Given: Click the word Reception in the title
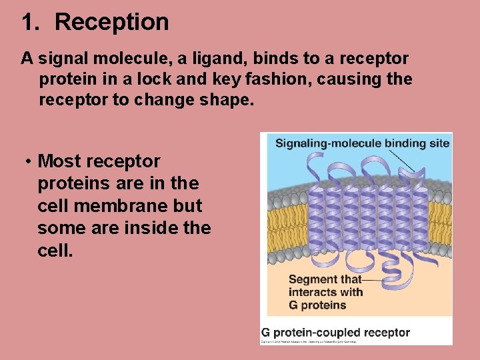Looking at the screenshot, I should pyautogui.click(x=111, y=22).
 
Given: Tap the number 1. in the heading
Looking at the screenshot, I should pyautogui.click(x=31, y=22).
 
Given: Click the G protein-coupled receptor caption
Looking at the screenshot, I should pyautogui.click(x=335, y=332).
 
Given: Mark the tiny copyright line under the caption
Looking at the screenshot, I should pyautogui.click(x=309, y=341).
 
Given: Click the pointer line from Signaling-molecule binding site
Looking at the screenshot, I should pyautogui.click(x=403, y=159).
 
